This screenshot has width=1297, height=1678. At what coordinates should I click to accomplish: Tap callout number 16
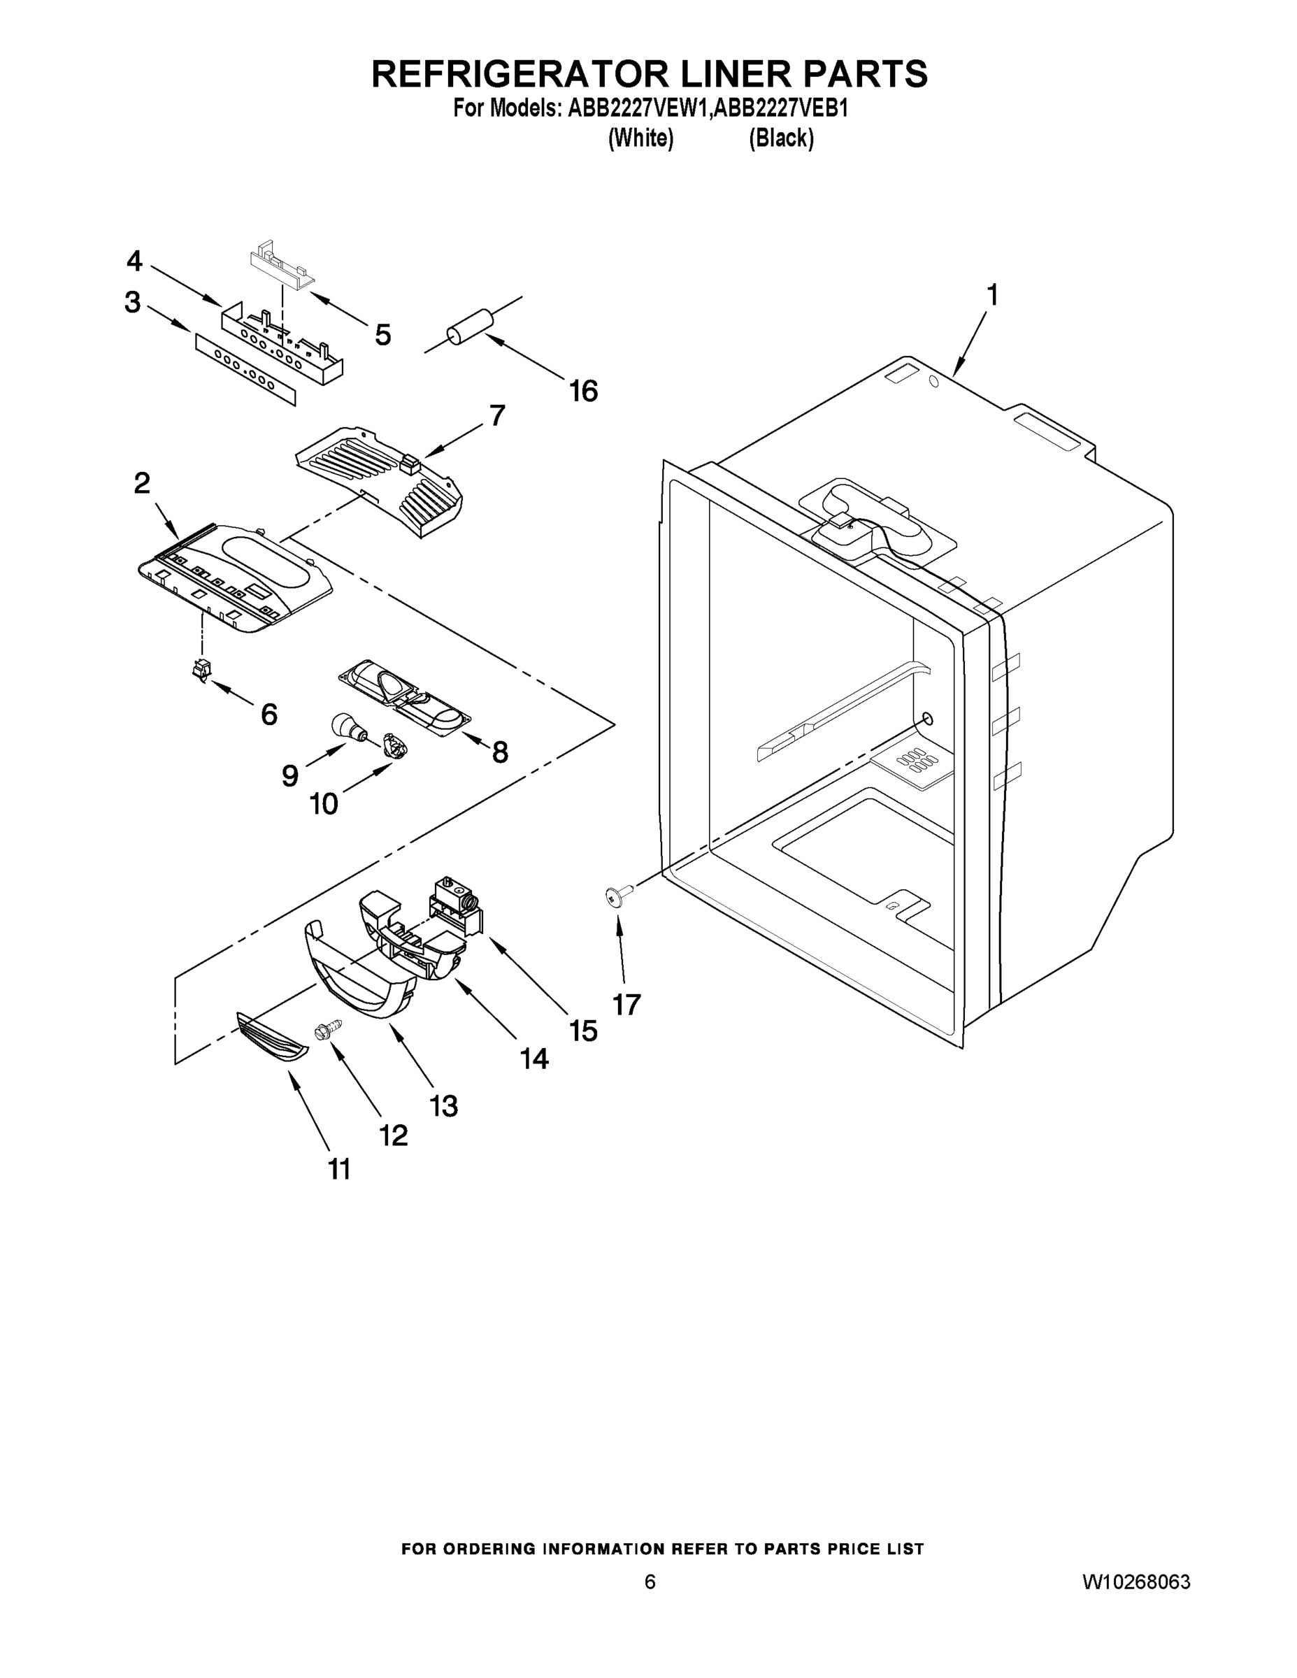tap(583, 392)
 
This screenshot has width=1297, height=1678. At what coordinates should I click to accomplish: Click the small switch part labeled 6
tap(201, 669)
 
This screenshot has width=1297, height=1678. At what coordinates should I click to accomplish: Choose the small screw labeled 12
tap(328, 1031)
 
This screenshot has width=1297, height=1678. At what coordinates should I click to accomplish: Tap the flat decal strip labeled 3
tap(244, 367)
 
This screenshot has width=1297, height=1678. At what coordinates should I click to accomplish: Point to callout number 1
tap(992, 296)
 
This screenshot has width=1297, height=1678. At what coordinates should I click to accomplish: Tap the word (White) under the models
tap(640, 138)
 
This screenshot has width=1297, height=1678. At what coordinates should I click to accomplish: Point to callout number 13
tap(444, 1106)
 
